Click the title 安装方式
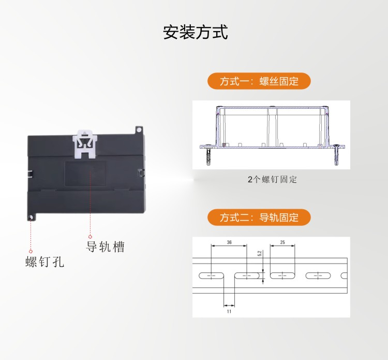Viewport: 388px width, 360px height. click(195, 32)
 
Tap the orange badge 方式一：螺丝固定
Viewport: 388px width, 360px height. click(259, 81)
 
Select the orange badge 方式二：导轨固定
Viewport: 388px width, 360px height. click(259, 217)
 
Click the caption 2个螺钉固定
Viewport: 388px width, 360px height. click(272, 179)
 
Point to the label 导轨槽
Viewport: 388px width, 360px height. click(105, 247)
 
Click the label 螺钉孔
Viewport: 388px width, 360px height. click(45, 262)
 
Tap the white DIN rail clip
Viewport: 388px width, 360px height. click(85, 144)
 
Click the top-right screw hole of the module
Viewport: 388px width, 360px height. click(139, 129)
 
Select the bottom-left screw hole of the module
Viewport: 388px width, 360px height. click(31, 218)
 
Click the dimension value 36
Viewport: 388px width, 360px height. click(229, 242)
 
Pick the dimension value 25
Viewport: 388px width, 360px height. click(282, 242)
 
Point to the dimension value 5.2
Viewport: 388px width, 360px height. click(259, 253)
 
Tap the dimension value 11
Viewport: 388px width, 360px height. click(229, 311)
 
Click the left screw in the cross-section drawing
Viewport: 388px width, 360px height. click(208, 155)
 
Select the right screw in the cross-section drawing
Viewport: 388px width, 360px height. click(336, 155)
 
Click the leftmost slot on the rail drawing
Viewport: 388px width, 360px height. click(211, 276)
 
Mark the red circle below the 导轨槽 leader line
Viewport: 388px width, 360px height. click(90, 237)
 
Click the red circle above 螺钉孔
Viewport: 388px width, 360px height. click(31, 251)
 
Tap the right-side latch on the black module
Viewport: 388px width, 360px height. click(141, 172)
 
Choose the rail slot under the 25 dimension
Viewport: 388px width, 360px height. click(282, 276)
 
